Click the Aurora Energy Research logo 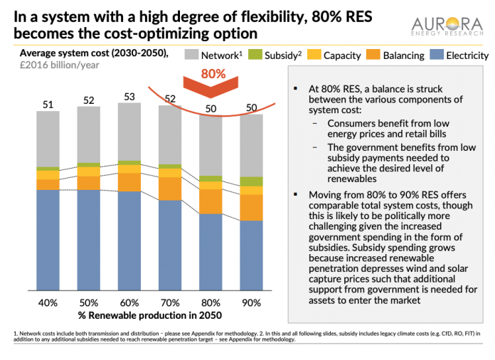447,26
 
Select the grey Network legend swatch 191,55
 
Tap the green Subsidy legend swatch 255,55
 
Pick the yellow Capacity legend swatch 314,55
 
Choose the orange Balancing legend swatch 373,55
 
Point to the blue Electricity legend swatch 437,55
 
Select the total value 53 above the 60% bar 129,97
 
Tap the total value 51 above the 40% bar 48,105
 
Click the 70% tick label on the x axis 170,303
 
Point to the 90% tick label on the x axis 251,303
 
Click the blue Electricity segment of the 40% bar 48,240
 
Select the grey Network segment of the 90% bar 251,146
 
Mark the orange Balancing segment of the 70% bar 170,189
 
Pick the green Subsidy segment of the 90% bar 251,182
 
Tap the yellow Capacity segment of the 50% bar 89,171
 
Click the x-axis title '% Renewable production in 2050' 150,315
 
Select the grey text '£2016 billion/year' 59,65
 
